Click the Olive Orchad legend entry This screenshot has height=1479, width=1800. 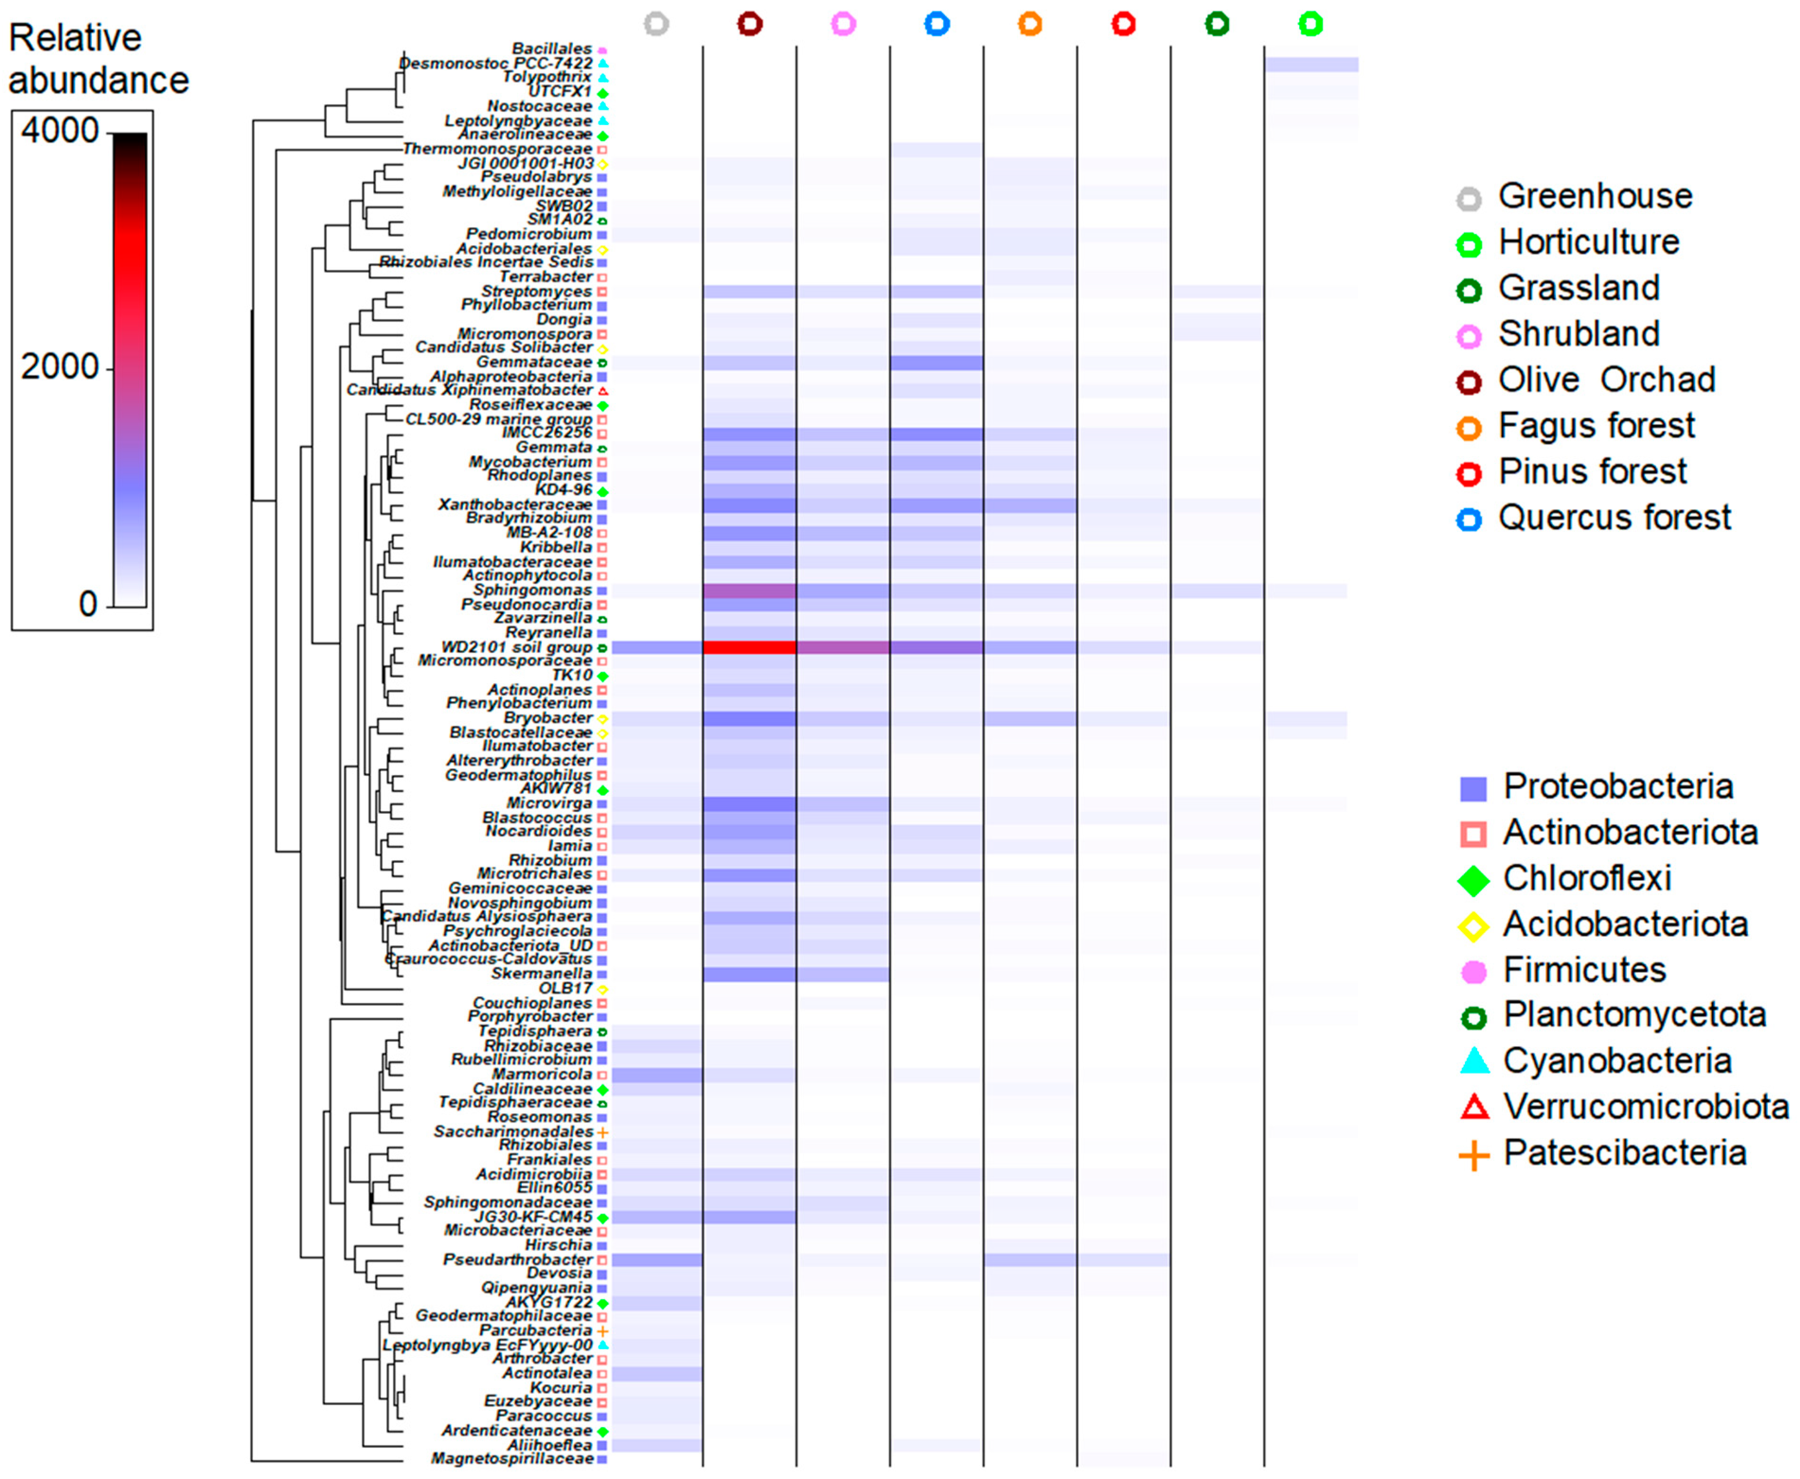pos(1606,380)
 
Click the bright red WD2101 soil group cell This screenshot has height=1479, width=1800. pos(749,648)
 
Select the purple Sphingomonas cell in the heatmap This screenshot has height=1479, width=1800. pos(749,590)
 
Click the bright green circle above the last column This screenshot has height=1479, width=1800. pos(1311,24)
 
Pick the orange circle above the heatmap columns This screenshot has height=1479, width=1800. pos(1030,24)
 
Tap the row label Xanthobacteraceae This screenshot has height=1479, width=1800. pos(515,504)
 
